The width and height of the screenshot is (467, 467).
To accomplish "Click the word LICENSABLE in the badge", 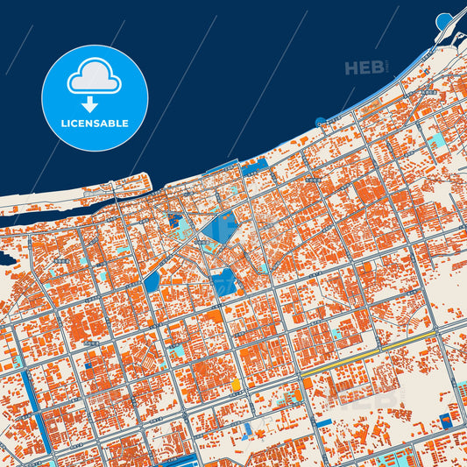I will click(95, 124).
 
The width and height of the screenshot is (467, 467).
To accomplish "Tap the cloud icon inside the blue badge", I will click(95, 77).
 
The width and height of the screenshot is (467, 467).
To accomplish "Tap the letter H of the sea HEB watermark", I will click(350, 68).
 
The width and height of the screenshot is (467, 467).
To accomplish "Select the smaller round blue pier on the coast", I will click(321, 121).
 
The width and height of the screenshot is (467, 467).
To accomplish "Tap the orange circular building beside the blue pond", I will click(235, 385).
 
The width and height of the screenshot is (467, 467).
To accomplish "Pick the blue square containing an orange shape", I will click(451, 419).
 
